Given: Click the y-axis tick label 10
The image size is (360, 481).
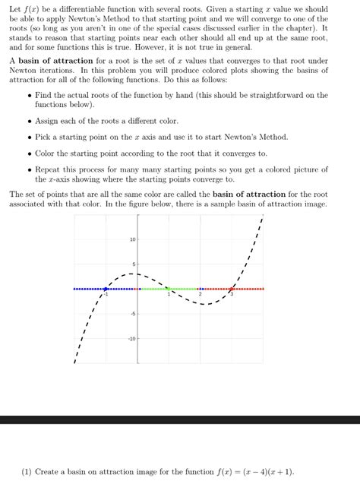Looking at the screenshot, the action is click(x=131, y=239).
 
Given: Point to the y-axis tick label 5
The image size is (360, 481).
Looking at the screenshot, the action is click(x=133, y=264).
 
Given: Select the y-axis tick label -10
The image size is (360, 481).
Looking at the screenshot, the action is click(x=131, y=339).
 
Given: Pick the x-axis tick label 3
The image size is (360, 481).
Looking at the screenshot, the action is click(x=232, y=294).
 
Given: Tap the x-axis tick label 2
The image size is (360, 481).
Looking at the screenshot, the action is click(x=201, y=294).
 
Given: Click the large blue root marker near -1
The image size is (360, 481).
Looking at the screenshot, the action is click(x=106, y=289).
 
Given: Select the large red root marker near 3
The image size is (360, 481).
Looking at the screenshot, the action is click(x=232, y=289).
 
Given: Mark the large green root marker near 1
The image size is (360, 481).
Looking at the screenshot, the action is click(x=169, y=289).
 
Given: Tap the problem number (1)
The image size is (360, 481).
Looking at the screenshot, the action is click(x=27, y=471).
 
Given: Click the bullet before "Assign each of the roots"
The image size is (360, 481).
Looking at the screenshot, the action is click(x=28, y=121).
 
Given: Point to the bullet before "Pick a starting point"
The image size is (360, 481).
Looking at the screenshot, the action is click(x=28, y=137).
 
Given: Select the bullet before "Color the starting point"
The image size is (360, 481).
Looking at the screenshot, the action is click(x=28, y=153).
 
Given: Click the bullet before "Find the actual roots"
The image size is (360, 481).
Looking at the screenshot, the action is click(x=28, y=96).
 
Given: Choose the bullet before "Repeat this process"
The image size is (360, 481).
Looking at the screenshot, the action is click(x=28, y=169).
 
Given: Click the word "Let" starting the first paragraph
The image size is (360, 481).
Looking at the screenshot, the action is click(x=14, y=9).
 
